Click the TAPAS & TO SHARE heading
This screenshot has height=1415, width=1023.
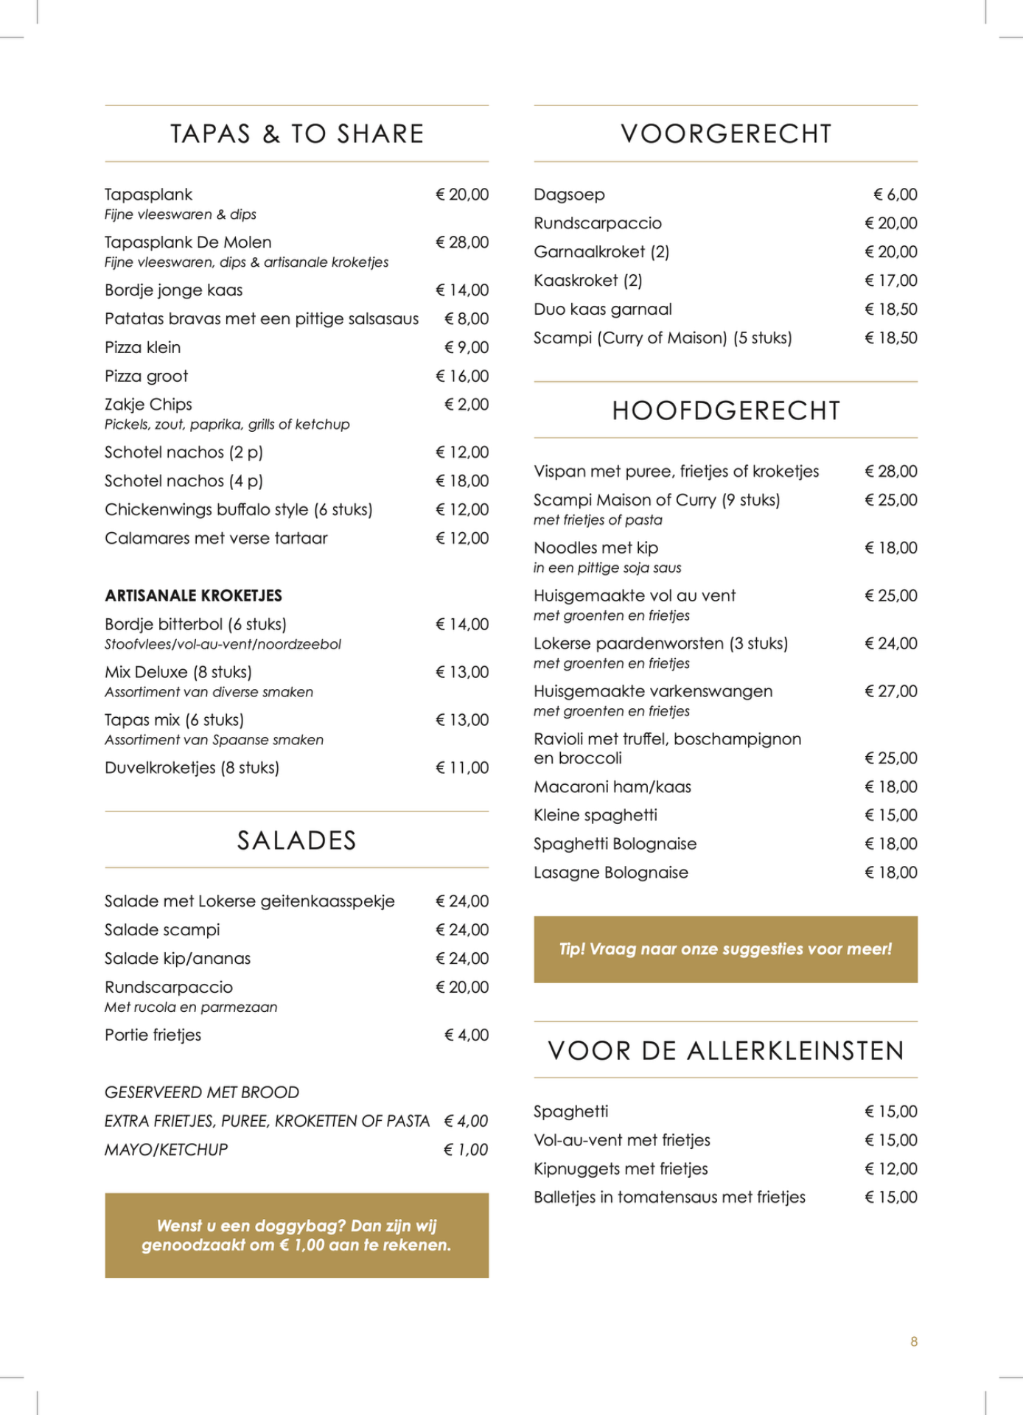click(296, 133)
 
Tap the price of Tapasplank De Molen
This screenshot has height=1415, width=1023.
click(462, 242)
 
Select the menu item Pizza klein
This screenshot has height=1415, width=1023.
click(142, 347)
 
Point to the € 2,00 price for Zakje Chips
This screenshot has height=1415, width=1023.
click(467, 405)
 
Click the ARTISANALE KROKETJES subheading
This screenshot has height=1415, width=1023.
click(193, 595)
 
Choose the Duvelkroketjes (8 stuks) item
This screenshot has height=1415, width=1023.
click(192, 768)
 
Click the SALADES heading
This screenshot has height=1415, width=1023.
click(296, 840)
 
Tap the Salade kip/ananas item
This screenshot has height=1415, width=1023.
click(177, 959)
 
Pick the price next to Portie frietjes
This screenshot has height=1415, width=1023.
click(467, 1035)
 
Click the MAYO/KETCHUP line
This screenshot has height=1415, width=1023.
click(166, 1150)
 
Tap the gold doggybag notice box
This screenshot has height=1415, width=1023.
click(296, 1235)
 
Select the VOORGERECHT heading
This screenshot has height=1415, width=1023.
click(726, 133)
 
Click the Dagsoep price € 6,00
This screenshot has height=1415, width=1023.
click(895, 195)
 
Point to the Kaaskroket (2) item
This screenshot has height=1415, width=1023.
click(587, 281)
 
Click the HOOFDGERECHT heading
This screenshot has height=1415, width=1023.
click(726, 410)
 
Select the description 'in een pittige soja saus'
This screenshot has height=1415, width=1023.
click(607, 568)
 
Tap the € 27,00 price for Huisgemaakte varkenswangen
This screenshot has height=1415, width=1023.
click(891, 691)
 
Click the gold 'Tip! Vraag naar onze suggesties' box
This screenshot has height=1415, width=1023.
click(725, 949)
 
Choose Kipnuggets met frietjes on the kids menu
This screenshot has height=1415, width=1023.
click(621, 1169)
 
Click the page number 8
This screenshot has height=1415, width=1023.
click(914, 1341)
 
